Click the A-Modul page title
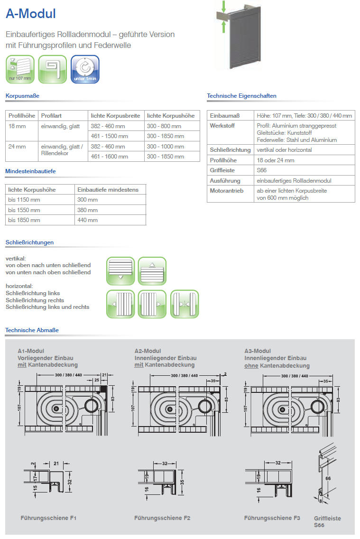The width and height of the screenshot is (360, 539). (x=31, y=14)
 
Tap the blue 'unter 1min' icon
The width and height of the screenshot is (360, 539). (x=85, y=69)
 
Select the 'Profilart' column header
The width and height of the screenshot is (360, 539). (x=51, y=116)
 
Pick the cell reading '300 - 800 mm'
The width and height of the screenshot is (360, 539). (x=164, y=126)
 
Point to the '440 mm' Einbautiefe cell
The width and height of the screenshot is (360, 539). (x=87, y=220)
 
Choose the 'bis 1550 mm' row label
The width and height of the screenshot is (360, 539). (x=24, y=210)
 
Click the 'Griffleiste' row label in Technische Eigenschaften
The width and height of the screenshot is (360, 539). (x=222, y=170)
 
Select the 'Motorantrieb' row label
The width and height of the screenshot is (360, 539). (x=226, y=191)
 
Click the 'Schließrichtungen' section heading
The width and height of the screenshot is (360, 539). (x=29, y=242)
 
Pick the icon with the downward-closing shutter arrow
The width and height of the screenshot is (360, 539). (x=120, y=271)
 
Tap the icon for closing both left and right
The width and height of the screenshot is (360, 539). (x=185, y=304)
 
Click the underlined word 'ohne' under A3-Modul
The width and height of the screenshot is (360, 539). (x=251, y=366)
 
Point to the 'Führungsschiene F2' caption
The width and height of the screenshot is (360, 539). (x=162, y=518)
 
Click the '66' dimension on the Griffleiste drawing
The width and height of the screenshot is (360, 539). (x=328, y=480)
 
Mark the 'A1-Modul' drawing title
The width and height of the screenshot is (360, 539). (x=31, y=351)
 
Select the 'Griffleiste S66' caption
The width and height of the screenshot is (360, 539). (x=327, y=521)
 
